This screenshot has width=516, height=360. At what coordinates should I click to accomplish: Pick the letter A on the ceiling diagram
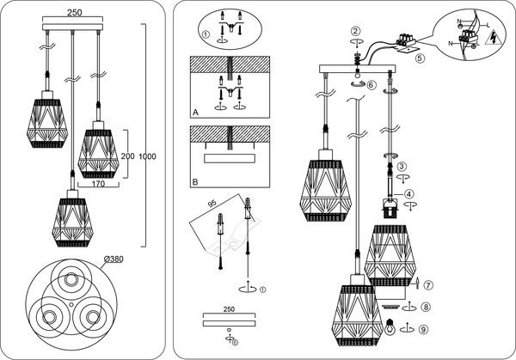coord(196,113)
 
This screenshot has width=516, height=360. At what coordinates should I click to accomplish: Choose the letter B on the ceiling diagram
coord(196,181)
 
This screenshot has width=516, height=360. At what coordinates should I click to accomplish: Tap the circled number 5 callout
coord(420,59)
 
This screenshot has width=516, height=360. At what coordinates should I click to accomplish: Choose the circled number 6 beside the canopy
coord(371,84)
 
